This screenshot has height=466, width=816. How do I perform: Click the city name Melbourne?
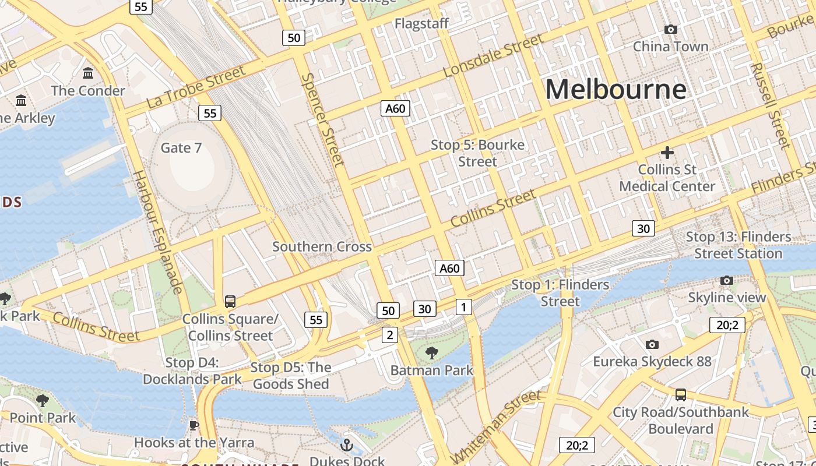coord(615,90)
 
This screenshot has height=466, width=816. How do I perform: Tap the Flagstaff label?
coord(421,23)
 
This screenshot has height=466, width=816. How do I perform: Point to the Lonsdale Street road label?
coord(493,56)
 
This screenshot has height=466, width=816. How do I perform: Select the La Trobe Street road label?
coord(196,87)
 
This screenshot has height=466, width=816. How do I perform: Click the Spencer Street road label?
coord(322,119)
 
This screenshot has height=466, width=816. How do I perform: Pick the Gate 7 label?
coord(181,148)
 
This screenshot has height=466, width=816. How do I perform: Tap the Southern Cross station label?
coord(322,246)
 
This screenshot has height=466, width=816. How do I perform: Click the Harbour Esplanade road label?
coord(158,232)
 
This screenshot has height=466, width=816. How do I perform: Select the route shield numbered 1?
coord(463,306)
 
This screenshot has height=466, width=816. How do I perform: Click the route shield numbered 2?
coord(390,334)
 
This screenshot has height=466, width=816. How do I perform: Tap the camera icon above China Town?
coord(671,29)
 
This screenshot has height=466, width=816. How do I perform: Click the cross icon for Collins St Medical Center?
coord(667,153)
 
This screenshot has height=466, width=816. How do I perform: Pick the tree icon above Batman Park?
coord(431,352)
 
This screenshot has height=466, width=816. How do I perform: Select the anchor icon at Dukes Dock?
coord(347,446)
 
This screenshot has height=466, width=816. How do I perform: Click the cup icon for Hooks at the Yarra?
coord(194,426)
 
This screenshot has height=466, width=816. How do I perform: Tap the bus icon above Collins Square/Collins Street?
coord(230,301)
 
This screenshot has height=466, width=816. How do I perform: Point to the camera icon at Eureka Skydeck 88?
coord(652,345)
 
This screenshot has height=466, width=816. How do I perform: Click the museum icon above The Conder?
coord(88,73)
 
